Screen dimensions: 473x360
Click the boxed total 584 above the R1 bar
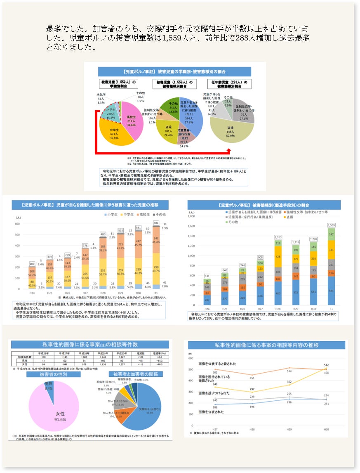pos(156,223)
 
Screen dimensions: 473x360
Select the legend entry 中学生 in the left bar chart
pos(127,215)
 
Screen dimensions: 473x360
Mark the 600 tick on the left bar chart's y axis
pos(17,224)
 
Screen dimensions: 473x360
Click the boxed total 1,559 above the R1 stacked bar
pos(332,225)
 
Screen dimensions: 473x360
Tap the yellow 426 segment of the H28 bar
pos(278,257)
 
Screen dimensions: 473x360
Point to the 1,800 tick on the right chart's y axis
pos(191,216)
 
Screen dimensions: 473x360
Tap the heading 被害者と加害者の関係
pos(136,374)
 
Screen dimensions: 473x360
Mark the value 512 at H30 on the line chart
pos(326,365)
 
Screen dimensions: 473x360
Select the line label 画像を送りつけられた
pos(215,393)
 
